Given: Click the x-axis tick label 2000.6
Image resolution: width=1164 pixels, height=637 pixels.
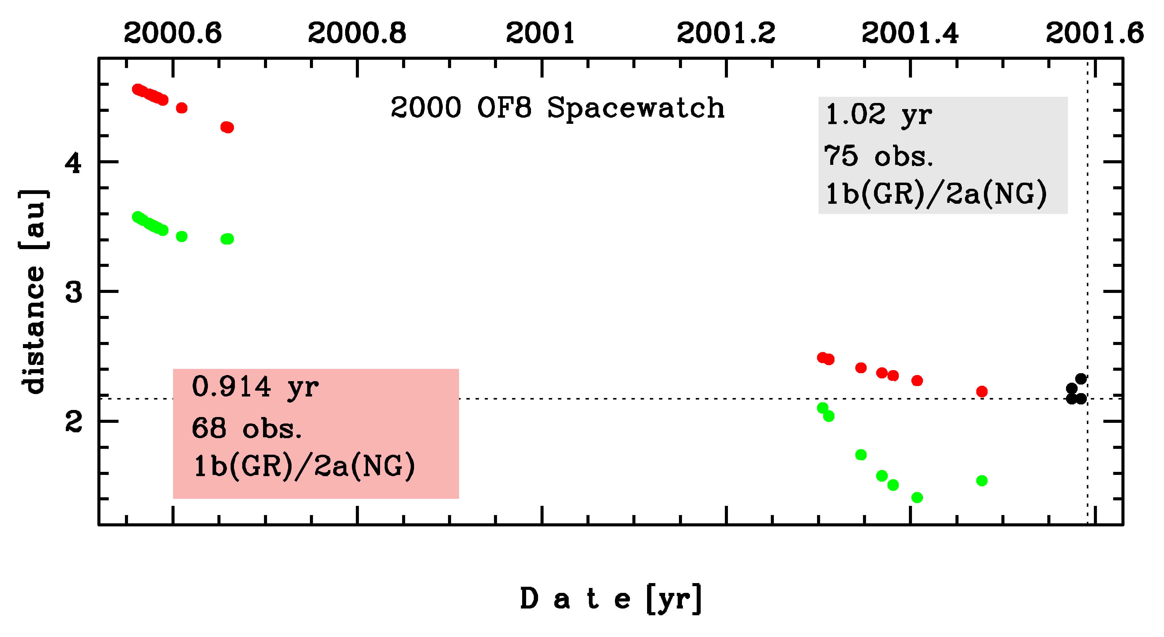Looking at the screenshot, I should click(173, 33).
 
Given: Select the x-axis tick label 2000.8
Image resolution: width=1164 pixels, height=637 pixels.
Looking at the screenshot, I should click(357, 33).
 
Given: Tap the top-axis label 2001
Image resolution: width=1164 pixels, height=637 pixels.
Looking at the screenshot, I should click(541, 33).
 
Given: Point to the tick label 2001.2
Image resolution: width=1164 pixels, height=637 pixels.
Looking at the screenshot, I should click(726, 33).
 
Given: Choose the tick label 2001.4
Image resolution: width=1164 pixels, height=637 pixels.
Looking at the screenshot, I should click(910, 33).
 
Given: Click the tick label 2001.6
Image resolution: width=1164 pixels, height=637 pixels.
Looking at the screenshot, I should click(1094, 33).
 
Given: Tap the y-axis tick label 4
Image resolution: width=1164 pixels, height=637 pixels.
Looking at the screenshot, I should click(74, 162).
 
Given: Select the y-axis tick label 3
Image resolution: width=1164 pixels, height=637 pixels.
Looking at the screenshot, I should click(74, 292).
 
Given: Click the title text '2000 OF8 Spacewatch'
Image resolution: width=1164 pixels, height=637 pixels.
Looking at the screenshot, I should click(557, 108).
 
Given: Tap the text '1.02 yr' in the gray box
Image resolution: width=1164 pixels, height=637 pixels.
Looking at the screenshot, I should click(878, 115).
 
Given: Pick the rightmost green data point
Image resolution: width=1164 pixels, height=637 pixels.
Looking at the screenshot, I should click(982, 480).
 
